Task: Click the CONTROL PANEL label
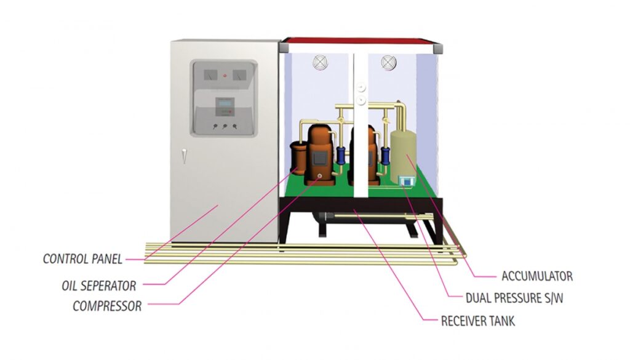coord(82,259)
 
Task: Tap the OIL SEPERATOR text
coord(98,286)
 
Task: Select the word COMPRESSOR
coord(107,306)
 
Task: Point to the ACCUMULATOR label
coord(537,276)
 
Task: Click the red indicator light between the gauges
coord(225,76)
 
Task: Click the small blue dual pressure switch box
coord(407,181)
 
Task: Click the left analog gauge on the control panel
coord(208,75)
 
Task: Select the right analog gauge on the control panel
coord(241,75)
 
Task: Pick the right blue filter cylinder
coord(386,155)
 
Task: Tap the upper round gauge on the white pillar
coord(361,87)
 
